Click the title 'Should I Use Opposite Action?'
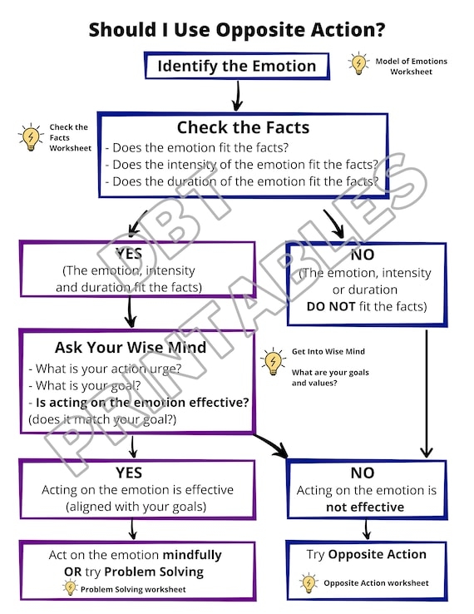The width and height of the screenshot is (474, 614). (237, 30)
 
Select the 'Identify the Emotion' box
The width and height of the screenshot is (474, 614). (237, 66)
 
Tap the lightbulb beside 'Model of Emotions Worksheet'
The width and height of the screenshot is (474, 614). (358, 63)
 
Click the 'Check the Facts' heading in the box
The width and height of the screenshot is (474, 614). (243, 127)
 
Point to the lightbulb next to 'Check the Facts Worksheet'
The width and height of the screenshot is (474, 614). (31, 136)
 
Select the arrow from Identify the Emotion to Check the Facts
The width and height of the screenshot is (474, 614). (237, 96)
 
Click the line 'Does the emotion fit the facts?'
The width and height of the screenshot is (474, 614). (197, 147)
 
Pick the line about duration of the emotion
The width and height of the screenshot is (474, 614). (242, 181)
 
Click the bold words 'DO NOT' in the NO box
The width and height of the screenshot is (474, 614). (331, 306)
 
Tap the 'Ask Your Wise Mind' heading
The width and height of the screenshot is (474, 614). (131, 347)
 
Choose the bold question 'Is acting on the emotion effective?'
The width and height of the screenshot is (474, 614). (142, 403)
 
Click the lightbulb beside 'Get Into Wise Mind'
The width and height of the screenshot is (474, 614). (273, 361)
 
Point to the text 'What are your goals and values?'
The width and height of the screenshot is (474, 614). (330, 378)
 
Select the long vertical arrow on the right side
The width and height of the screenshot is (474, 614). (427, 394)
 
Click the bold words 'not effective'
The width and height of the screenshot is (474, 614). (365, 508)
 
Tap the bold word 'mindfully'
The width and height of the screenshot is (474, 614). (192, 555)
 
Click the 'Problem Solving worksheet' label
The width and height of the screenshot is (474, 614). (133, 589)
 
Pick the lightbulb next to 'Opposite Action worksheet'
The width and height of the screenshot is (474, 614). (309, 583)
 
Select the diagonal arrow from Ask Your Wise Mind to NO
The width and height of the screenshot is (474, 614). (271, 445)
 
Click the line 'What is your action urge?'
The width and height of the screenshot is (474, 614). (105, 369)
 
